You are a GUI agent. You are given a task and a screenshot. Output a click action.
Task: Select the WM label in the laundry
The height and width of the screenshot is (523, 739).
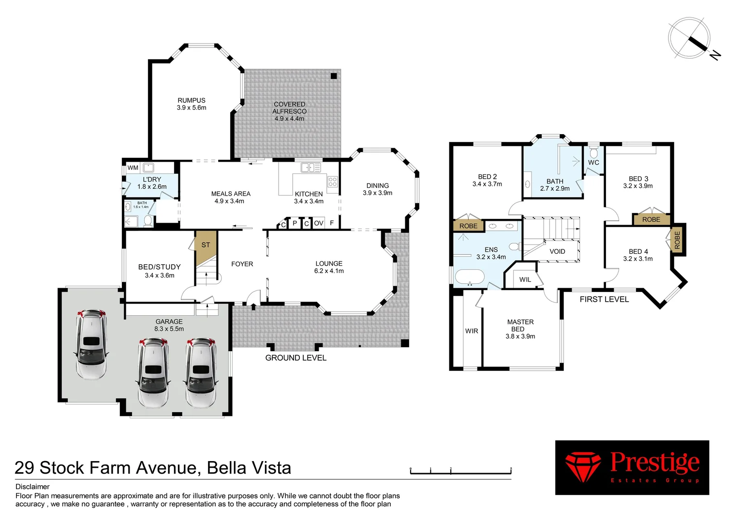click(x=133, y=168)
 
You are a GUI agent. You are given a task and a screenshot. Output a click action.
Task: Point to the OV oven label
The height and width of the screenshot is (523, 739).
click(x=318, y=223)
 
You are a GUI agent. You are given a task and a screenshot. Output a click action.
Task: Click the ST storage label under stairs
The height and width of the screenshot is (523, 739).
click(x=206, y=245)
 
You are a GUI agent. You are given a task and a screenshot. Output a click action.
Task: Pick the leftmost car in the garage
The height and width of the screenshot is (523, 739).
click(x=90, y=344)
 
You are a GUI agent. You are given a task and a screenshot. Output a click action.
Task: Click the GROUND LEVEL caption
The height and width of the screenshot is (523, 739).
click(x=296, y=358)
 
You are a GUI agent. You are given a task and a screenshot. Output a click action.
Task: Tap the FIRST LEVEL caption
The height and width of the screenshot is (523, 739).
click(x=604, y=299)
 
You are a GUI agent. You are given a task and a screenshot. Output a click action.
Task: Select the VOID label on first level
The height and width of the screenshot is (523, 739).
click(x=557, y=251)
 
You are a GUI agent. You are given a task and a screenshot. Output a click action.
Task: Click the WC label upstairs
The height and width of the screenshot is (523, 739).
click(x=593, y=163)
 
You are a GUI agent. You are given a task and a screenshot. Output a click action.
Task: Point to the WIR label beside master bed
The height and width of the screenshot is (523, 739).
click(x=472, y=331)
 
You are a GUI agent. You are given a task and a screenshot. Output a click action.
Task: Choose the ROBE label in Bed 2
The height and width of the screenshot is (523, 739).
click(x=468, y=226)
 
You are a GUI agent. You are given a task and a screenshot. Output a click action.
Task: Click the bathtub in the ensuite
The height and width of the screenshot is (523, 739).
click(x=470, y=277)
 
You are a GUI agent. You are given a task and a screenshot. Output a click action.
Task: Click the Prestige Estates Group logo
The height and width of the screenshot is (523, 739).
click(x=632, y=467)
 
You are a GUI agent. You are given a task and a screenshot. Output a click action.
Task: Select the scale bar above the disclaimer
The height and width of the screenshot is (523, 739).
click(x=460, y=471)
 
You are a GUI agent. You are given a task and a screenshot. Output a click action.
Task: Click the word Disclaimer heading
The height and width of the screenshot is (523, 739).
click(x=32, y=487)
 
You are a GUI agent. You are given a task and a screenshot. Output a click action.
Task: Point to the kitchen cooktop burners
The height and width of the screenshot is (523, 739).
click(x=333, y=182)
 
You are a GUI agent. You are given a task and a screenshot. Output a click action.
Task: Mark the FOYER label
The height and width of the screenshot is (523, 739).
click(x=242, y=264)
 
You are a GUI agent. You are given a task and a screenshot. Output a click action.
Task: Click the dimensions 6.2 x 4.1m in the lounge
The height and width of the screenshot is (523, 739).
click(x=329, y=271)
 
